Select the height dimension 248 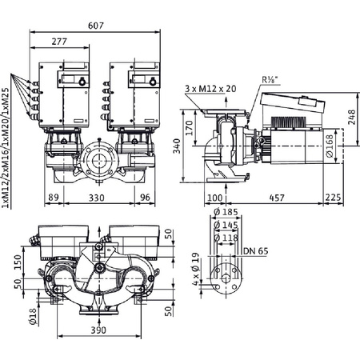pos(352,114)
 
